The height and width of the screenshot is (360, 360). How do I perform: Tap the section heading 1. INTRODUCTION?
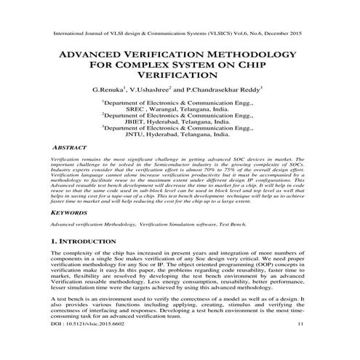pyautogui.click(x=89, y=241)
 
